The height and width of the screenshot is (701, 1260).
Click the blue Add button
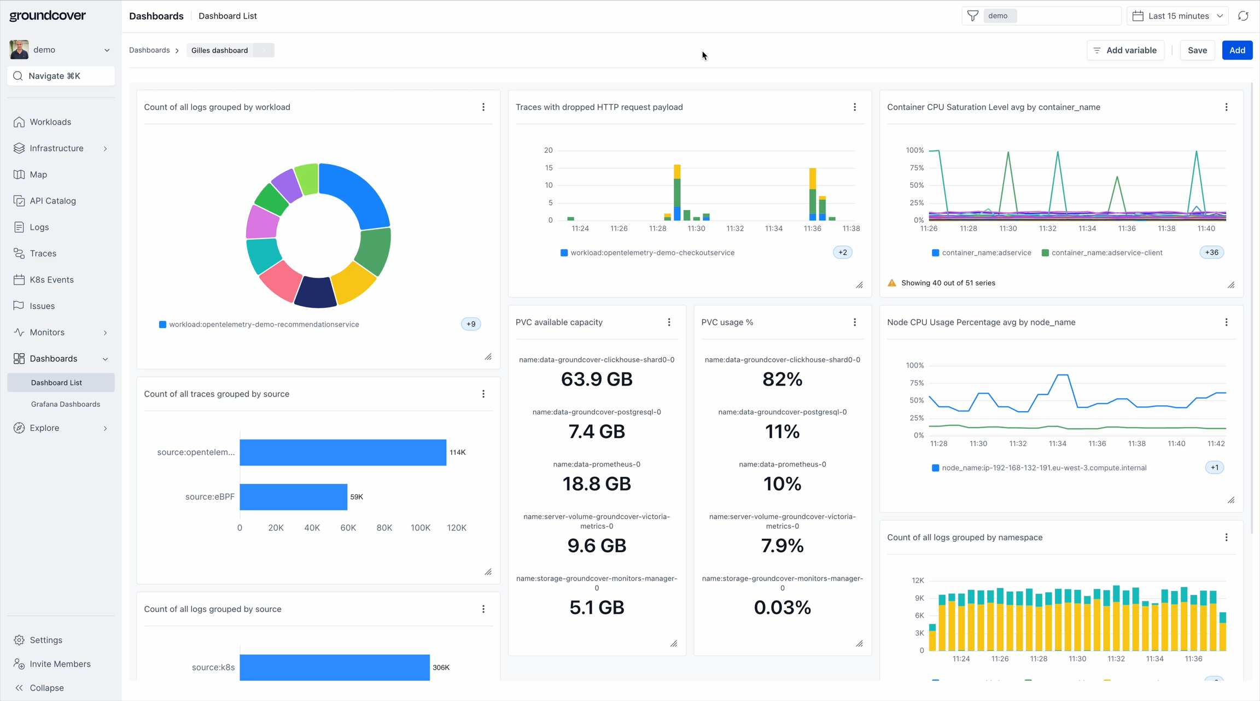pyautogui.click(x=1236, y=50)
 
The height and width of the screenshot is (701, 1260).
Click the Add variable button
pyautogui.click(x=1125, y=50)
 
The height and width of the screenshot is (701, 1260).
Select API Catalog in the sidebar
pyautogui.click(x=52, y=201)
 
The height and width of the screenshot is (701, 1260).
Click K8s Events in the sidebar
pyautogui.click(x=51, y=279)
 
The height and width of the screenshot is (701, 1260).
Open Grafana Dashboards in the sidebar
pyautogui.click(x=65, y=404)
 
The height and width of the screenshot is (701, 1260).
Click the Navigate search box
pyautogui.click(x=61, y=76)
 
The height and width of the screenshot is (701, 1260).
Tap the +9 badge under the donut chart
pyautogui.click(x=470, y=324)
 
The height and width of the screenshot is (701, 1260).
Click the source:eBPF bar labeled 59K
pyautogui.click(x=293, y=496)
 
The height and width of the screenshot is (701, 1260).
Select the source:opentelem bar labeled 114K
pyautogui.click(x=342, y=452)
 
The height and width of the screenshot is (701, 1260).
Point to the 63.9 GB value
pyautogui.click(x=596, y=379)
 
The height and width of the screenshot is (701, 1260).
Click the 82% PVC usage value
pyautogui.click(x=782, y=379)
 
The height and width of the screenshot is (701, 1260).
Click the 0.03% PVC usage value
pyautogui.click(x=782, y=607)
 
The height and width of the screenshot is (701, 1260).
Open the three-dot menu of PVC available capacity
pyautogui.click(x=669, y=322)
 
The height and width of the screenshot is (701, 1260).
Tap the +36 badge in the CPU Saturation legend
pyautogui.click(x=1211, y=253)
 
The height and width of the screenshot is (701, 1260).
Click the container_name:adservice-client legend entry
pyautogui.click(x=1106, y=253)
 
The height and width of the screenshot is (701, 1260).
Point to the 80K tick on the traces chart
pyautogui.click(x=384, y=528)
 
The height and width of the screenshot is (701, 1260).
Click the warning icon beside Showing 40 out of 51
pyautogui.click(x=892, y=283)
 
